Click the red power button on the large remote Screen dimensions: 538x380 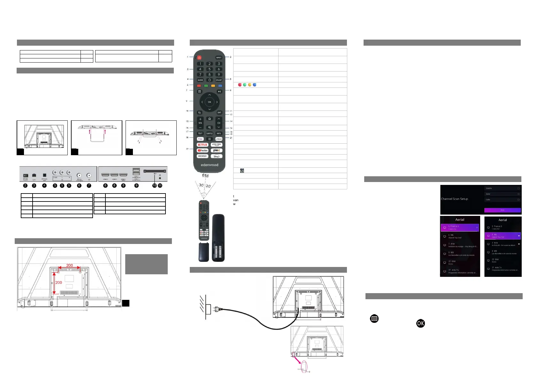point(199,58)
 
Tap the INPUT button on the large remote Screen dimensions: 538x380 point(219,58)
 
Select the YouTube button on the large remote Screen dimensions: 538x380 point(203,150)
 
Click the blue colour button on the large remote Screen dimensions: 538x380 point(220,86)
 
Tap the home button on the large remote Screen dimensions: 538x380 point(210,119)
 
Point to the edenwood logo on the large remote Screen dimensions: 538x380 point(210,165)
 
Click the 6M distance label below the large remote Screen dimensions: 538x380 point(205,176)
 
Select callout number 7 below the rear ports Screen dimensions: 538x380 point(89,186)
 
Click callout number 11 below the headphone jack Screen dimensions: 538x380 point(160,186)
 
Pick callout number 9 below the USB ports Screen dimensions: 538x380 point(136,186)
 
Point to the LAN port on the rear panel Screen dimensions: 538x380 point(34,176)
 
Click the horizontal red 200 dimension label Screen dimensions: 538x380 point(69,265)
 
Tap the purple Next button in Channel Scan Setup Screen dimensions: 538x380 point(502,210)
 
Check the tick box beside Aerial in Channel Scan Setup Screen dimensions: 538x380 point(518,194)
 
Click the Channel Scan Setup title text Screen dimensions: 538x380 point(454,199)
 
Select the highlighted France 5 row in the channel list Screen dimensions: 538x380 point(459,227)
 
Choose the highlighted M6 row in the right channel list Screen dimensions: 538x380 point(502,236)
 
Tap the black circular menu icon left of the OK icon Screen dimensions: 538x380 point(374,318)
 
